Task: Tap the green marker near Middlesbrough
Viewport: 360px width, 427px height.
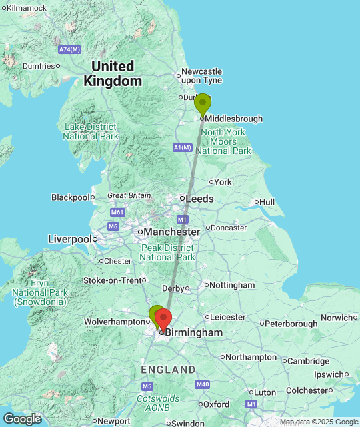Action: coord(203,104)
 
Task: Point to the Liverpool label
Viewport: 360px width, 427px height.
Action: coord(69,239)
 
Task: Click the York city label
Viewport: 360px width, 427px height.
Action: coord(223,182)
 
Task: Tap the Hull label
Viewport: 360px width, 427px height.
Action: coord(267,202)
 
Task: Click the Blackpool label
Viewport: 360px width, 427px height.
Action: coord(70,197)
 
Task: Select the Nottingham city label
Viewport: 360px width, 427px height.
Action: coord(231,285)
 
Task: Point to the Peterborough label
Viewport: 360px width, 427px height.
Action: coord(291,324)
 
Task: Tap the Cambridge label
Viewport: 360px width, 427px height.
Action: coord(309,361)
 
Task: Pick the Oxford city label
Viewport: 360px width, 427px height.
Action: coord(217,404)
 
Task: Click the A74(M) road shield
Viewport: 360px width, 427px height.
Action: coord(69,50)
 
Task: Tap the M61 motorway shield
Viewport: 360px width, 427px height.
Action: coord(118,212)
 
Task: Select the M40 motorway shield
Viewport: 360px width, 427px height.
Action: coord(203,385)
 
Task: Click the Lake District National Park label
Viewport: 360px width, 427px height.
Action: coord(90,131)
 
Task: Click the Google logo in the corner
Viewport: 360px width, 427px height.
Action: coord(21,418)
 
